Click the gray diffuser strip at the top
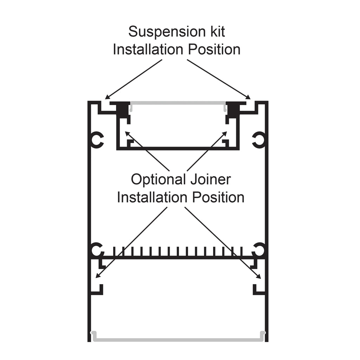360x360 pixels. coord(178,103)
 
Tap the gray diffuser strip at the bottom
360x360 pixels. coord(178,340)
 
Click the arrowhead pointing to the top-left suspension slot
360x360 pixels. coord(108,97)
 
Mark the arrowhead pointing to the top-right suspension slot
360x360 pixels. coord(249,97)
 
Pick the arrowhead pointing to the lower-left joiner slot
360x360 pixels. coord(98,277)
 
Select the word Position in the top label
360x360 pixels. coord(214,50)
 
